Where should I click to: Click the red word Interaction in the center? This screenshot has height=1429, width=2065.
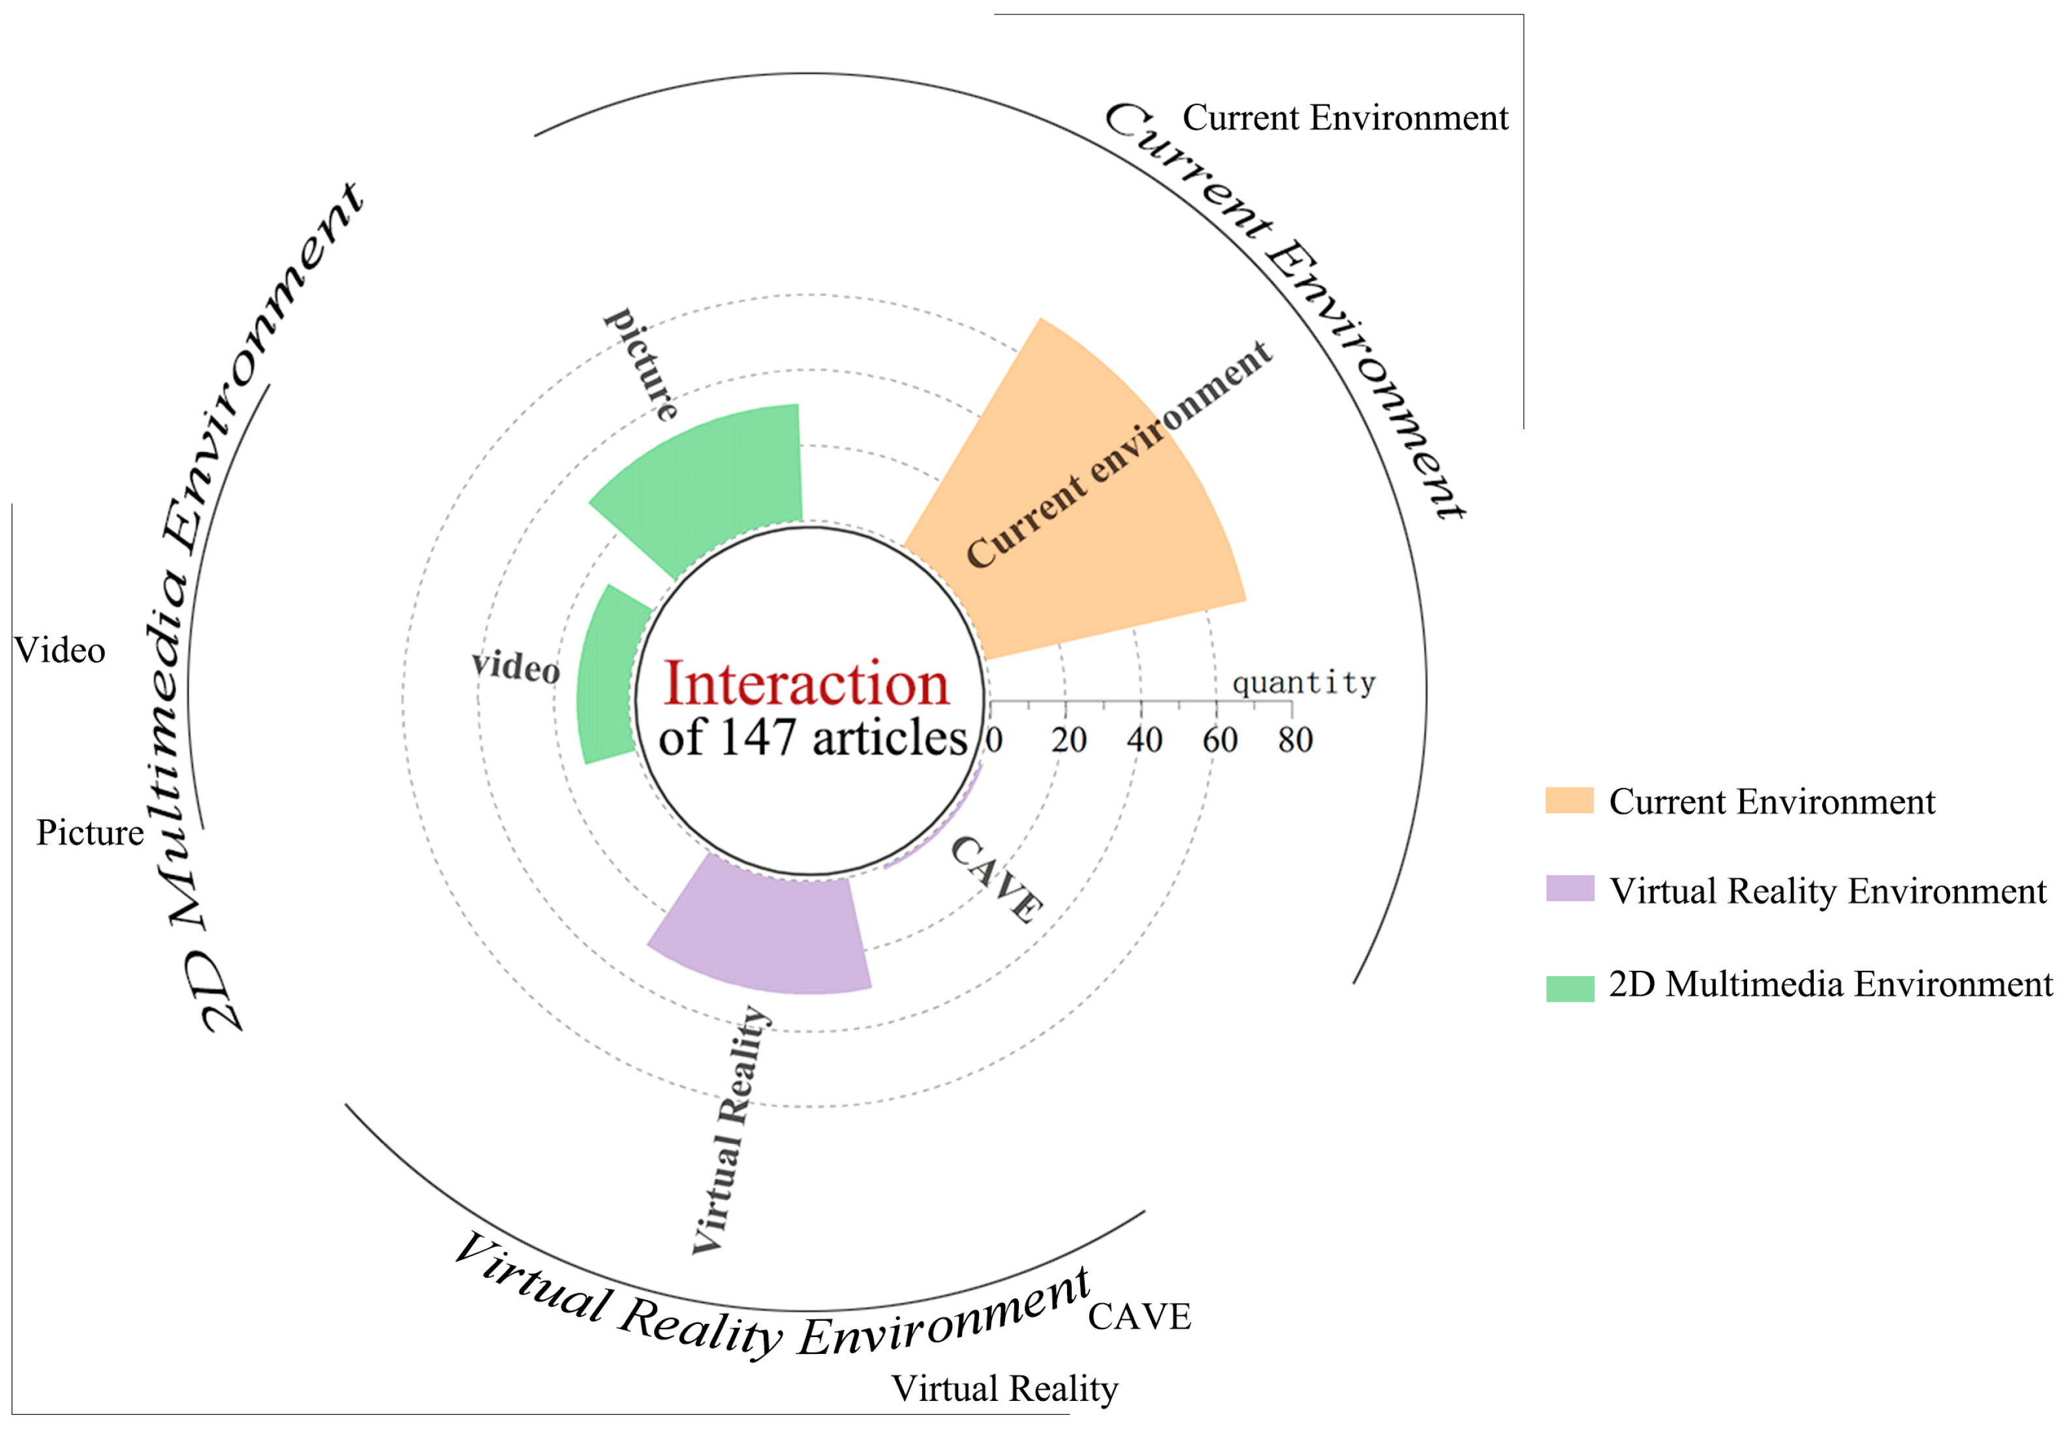pyautogui.click(x=806, y=685)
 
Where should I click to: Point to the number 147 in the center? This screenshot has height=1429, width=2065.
pyautogui.click(x=758, y=739)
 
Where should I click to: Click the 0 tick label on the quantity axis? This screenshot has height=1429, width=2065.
pyautogui.click(x=993, y=741)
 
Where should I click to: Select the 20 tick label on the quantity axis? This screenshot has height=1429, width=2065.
pyautogui.click(x=1068, y=741)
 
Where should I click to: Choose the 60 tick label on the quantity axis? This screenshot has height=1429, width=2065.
pyautogui.click(x=1220, y=741)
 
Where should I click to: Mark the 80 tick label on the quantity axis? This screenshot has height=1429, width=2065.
pyautogui.click(x=1295, y=741)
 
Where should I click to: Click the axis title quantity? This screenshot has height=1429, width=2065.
pyautogui.click(x=1303, y=684)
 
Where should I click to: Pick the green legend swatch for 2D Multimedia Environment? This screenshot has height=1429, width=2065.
pyautogui.click(x=1569, y=989)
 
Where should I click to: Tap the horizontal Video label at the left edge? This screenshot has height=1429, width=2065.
pyautogui.click(x=59, y=651)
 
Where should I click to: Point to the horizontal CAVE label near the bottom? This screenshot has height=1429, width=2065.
pyautogui.click(x=1139, y=1317)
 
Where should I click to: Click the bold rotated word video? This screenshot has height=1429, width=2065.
pyautogui.click(x=516, y=667)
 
